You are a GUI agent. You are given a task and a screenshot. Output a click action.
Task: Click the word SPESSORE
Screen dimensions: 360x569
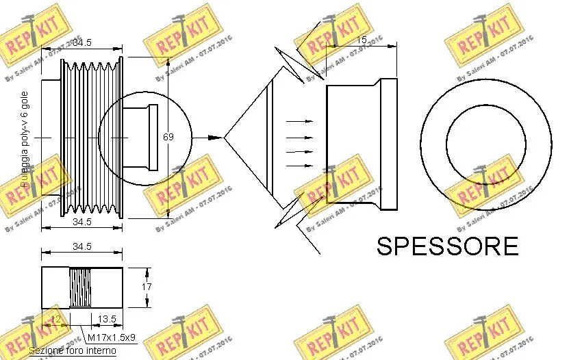pos(447,246)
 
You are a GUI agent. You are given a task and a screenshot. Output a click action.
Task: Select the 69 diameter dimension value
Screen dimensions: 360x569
pos(168,137)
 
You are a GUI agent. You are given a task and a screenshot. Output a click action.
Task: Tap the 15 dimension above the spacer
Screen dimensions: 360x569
pos(362,40)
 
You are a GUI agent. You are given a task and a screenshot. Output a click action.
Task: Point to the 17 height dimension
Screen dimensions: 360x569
pos(146,287)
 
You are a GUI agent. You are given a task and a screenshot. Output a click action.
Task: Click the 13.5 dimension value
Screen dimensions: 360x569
pos(106,319)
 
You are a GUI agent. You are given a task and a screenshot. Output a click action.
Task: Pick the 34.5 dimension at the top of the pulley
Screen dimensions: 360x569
pos(82,42)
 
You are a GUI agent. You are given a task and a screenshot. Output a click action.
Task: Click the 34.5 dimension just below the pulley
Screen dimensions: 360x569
pos(82,222)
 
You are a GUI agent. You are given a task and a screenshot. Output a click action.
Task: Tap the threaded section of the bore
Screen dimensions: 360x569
pos(81,288)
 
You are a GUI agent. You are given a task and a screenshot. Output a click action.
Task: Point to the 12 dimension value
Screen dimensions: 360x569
pos(55,319)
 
